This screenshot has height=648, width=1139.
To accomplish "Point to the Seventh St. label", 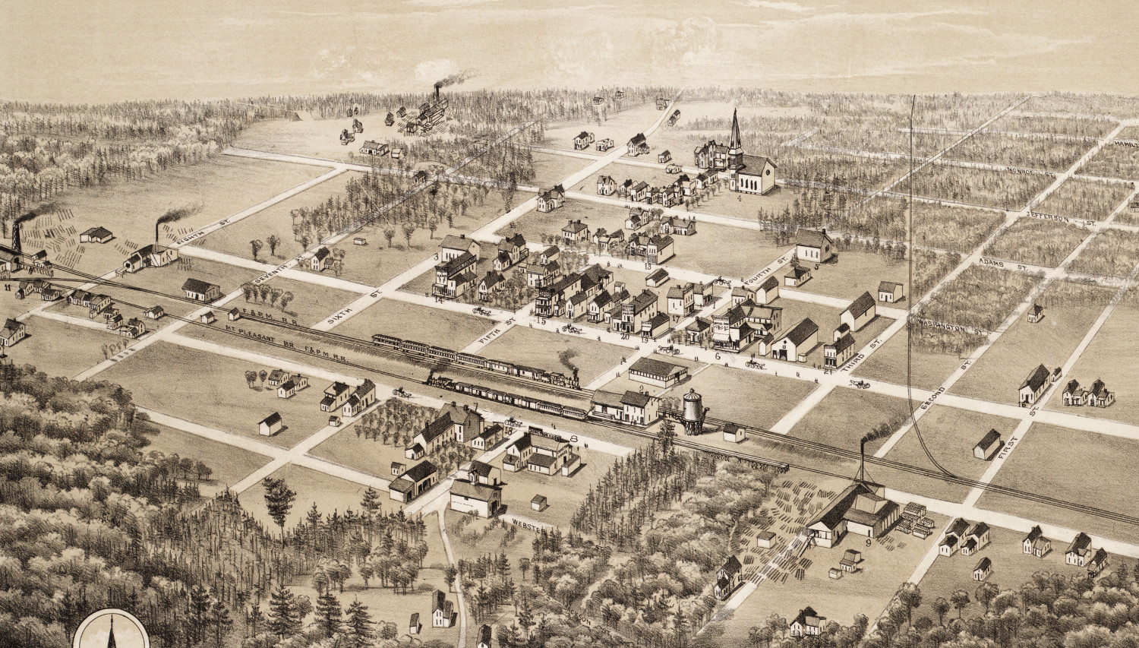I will click(x=267, y=280).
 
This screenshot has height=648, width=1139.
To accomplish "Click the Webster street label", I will click(x=525, y=523).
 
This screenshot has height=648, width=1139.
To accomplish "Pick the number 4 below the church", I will click(x=739, y=198).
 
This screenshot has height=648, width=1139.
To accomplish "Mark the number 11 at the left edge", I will click(x=7, y=289).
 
